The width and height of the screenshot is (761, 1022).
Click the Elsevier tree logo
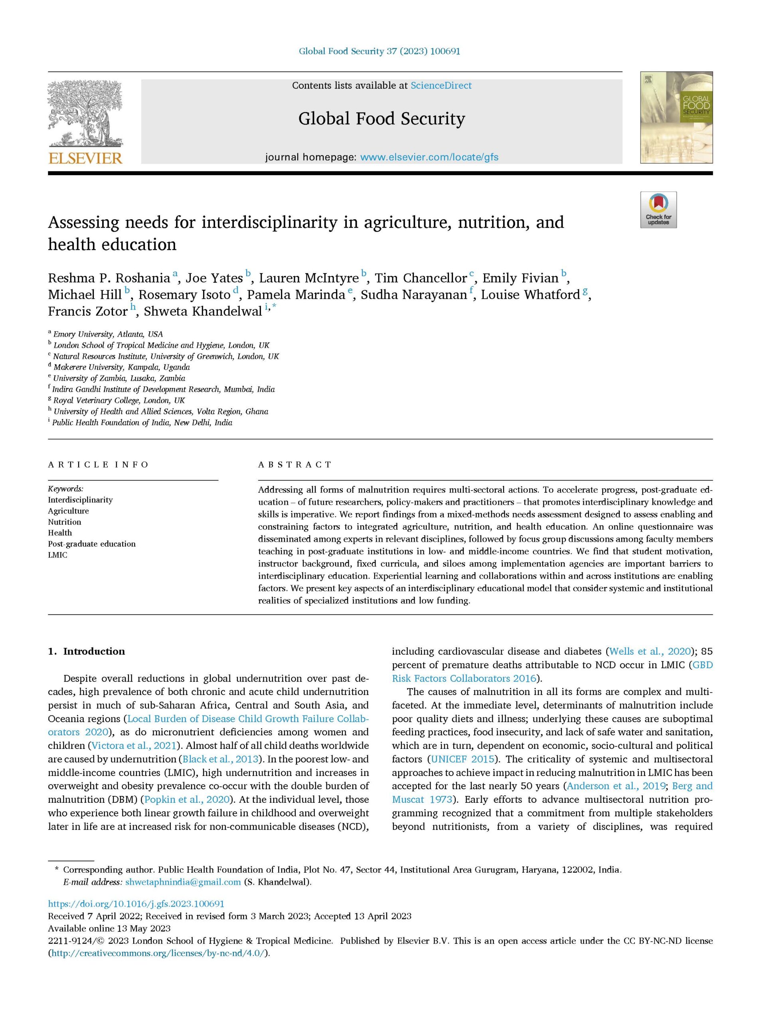pyautogui.click(x=85, y=113)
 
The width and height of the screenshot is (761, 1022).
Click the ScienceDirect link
pyautogui.click(x=441, y=86)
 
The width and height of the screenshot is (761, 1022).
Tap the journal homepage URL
pyautogui.click(x=429, y=157)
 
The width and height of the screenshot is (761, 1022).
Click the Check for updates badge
pyautogui.click(x=658, y=210)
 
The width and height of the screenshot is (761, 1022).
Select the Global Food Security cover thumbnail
pyautogui.click(x=676, y=117)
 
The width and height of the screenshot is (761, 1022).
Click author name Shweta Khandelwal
pyautogui.click(x=203, y=311)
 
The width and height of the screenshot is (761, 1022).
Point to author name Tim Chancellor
pyautogui.click(x=421, y=278)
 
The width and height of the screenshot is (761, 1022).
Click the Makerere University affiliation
pyautogui.click(x=121, y=367)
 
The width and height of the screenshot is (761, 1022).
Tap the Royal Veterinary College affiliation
pyautogui.click(x=119, y=400)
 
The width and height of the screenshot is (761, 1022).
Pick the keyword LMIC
pyautogui.click(x=57, y=555)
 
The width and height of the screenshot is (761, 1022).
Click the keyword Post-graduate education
pyautogui.click(x=92, y=544)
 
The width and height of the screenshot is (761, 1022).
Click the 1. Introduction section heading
pyautogui.click(x=87, y=651)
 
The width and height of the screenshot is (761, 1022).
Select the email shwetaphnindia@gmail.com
pyautogui.click(x=183, y=882)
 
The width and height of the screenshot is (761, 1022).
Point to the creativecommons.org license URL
pyautogui.click(x=158, y=953)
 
